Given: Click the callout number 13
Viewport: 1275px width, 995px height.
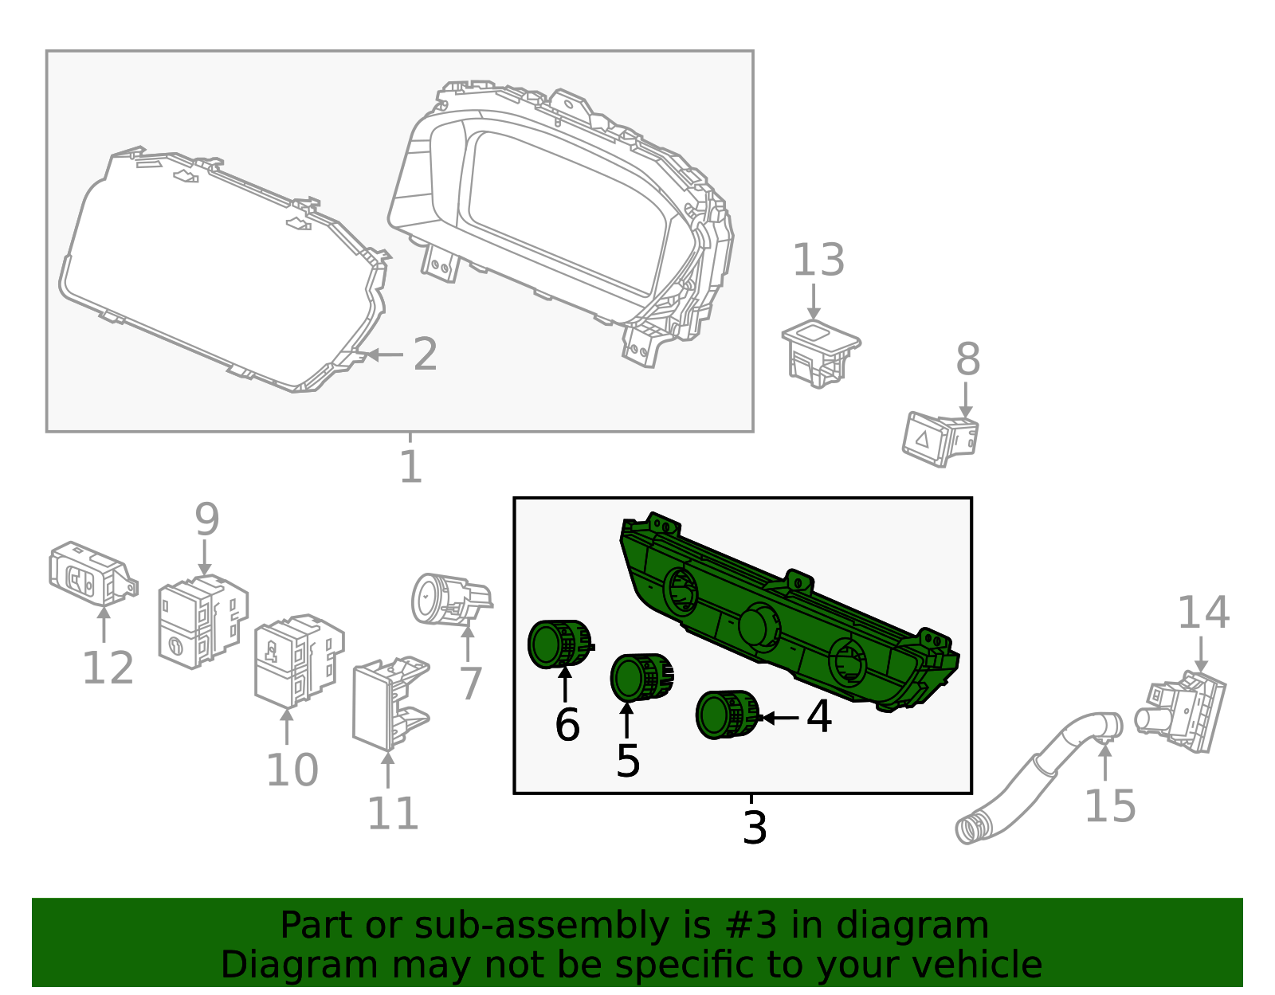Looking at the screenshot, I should [x=818, y=261].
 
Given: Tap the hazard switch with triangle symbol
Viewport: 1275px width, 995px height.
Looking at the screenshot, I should [x=939, y=437].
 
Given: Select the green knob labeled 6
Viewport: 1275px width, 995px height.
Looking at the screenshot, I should [x=557, y=643].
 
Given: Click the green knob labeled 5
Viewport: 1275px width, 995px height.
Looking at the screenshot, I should [x=639, y=677].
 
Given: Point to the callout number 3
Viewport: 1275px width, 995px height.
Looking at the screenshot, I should [x=754, y=828].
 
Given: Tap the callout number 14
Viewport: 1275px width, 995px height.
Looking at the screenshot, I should [x=1202, y=613].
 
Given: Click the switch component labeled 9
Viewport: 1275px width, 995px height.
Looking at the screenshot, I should [x=201, y=621].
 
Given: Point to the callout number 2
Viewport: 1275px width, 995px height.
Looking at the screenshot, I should [x=425, y=354].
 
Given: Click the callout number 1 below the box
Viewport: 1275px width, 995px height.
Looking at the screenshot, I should [x=410, y=467].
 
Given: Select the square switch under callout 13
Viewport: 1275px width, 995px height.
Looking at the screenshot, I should [x=820, y=352].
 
